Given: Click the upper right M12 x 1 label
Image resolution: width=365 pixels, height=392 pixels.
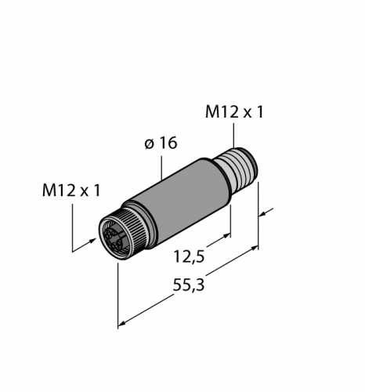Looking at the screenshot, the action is coord(234,112).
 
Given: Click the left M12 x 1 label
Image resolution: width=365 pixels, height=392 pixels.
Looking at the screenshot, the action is coord(71,191).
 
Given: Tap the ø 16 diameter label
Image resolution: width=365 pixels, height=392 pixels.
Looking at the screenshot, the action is coord(161,143).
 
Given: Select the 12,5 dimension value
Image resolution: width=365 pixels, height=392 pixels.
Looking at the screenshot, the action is coord(189,256).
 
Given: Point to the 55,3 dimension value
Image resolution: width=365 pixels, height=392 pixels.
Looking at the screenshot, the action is coord(189,285).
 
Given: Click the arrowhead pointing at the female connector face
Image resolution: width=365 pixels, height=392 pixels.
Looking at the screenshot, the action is coord(92,241).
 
